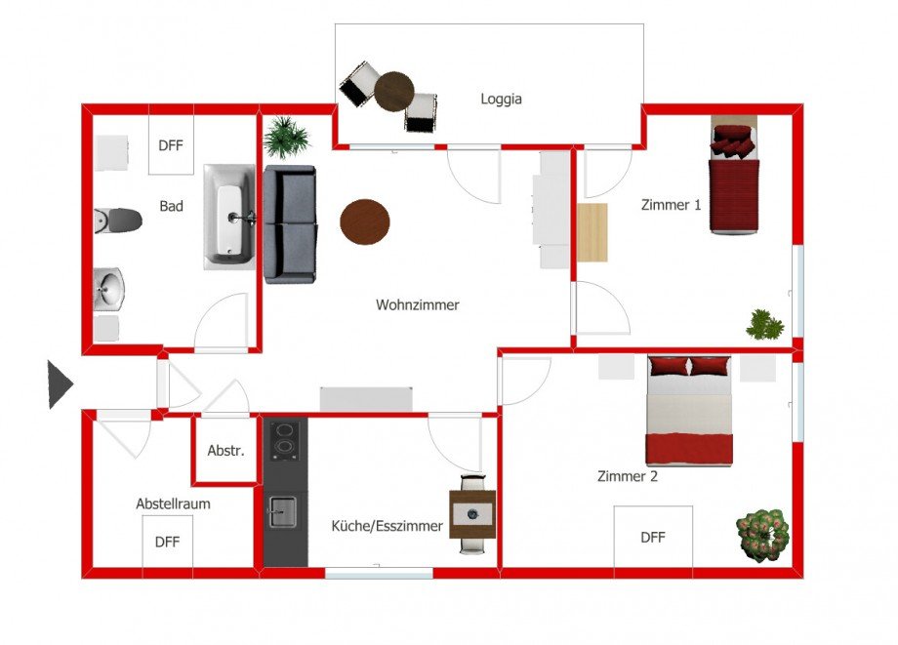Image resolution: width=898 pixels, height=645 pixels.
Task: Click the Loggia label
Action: coord(502,99)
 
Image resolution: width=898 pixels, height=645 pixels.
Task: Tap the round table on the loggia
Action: coord(394,92)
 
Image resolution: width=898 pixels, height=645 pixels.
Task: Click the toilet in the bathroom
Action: coord(117,221)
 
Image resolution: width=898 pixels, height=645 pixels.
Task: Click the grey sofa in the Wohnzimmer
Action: coord(289,224)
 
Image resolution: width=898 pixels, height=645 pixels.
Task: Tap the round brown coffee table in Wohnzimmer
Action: coord(364,222)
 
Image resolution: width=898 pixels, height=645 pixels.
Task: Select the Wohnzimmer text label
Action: coord(417,305)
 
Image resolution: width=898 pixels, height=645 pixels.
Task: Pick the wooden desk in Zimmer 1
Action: coord(592,232)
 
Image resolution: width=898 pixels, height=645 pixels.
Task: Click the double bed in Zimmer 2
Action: coord(689,410)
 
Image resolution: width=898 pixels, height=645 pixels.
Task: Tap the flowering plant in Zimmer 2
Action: coord(762,534)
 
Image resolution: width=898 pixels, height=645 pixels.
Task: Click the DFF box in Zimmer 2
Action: coord(653,537)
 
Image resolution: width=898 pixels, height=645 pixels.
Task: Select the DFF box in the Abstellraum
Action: coord(167,543)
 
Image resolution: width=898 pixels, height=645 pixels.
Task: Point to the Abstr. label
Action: coord(224,451)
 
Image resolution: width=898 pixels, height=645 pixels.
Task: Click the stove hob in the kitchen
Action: coord(285,439)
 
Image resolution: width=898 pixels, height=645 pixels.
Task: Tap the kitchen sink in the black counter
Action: coord(284,510)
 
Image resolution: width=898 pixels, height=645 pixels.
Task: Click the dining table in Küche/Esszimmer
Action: coord(472,513)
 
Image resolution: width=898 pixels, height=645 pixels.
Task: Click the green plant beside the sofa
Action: coord(286,138)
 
